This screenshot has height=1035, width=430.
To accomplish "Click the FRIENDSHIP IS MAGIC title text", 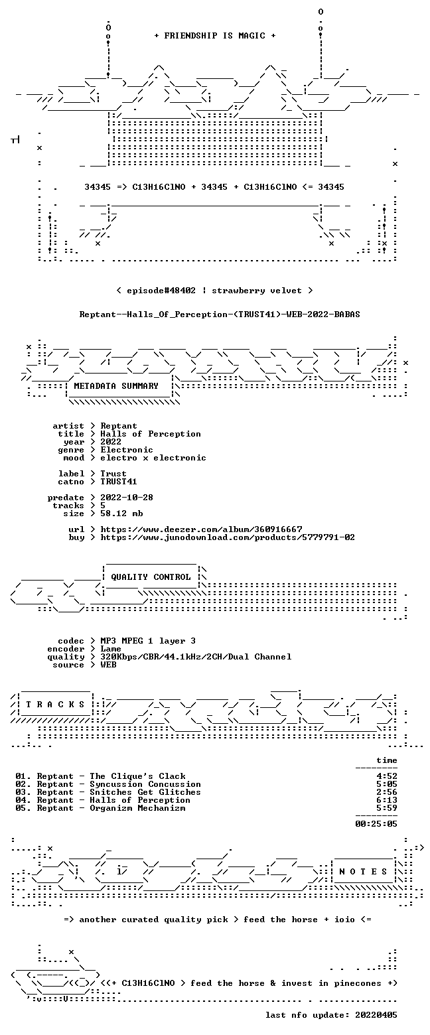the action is point(215,36).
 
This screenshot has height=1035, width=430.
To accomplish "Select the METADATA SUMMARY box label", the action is point(116,386).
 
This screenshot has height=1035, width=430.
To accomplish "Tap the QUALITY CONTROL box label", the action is point(151,577).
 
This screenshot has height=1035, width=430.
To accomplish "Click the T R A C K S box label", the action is point(56,704).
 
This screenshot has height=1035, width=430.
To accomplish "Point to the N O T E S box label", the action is point(364,871).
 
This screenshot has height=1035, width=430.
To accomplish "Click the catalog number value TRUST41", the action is point(119,482).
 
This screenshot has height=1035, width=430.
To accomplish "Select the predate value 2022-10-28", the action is point(127,497).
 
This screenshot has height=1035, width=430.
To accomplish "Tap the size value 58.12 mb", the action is point(121,514).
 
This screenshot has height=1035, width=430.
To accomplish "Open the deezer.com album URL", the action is point(201,529).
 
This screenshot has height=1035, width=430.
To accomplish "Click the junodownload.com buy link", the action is point(228,537).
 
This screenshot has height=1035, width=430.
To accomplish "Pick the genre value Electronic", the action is point(127,450).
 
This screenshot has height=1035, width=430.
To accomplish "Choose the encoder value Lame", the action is point(111,649).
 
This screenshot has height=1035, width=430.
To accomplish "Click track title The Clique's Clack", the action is point(137,776).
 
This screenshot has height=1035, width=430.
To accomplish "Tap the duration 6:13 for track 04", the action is point(387,800).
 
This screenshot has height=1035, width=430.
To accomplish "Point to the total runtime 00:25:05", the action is point(376,823).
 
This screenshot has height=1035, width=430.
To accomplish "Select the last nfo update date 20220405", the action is point(376,1014).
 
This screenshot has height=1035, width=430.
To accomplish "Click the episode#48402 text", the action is point(161,291).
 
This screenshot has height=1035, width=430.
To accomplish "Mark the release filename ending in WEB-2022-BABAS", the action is point(220,314).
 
